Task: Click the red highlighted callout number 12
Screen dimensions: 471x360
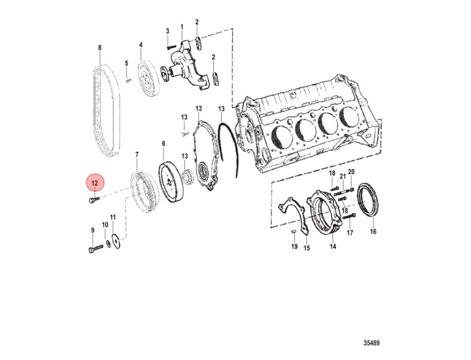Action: pos(95,183)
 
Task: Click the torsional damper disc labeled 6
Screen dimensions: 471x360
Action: pos(171,182)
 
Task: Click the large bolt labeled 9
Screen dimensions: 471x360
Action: pos(96,249)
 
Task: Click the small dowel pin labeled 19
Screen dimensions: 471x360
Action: pos(294,231)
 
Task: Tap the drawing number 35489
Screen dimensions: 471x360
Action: pos(371,343)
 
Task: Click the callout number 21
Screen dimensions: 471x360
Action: pos(343,177)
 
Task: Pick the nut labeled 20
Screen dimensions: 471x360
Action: pos(352,188)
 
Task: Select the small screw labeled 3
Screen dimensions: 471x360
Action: pos(171,47)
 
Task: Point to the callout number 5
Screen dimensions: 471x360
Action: pos(126,63)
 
